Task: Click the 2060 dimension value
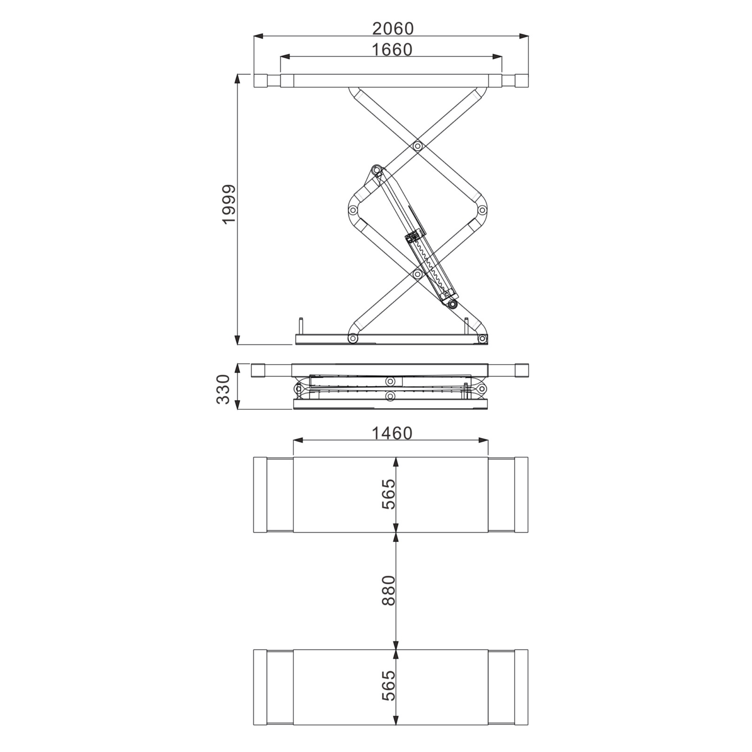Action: point(393,28)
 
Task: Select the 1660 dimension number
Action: point(392,50)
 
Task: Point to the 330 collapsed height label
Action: point(223,389)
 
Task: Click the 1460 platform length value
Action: point(392,433)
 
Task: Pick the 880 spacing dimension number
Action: point(388,590)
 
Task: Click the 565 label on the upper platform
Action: point(388,494)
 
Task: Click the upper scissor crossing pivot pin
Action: point(417,147)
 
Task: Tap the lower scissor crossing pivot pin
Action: point(417,274)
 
